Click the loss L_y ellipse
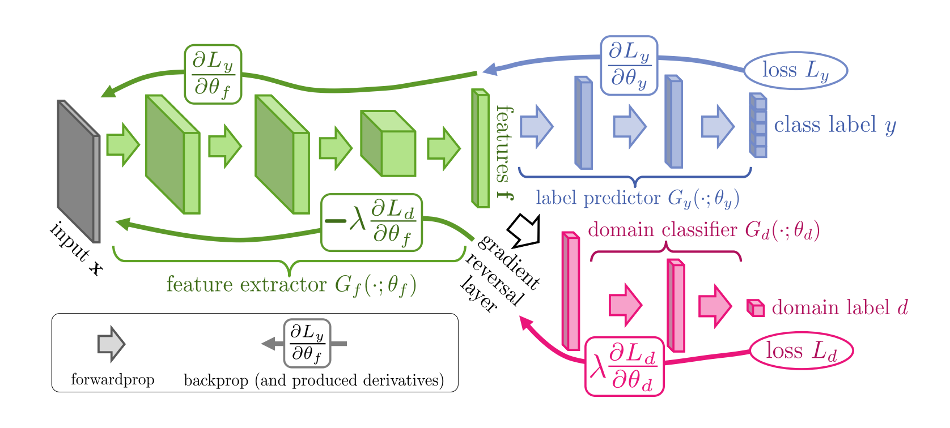click(x=795, y=71)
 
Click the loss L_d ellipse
click(x=801, y=351)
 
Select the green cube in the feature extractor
click(x=389, y=144)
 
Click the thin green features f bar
click(x=481, y=148)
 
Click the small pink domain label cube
click(x=756, y=308)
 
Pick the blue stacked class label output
click(x=758, y=125)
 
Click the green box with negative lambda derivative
click(x=372, y=222)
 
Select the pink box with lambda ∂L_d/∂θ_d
click(x=624, y=366)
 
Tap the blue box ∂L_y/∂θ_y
click(x=629, y=66)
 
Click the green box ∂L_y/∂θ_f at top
click(x=213, y=74)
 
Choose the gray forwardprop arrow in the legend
click(x=111, y=344)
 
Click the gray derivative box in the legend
click(x=307, y=343)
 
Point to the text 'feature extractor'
click(x=247, y=284)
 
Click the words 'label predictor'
click(x=598, y=198)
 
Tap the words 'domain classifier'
click(x=662, y=230)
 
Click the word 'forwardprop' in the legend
click(x=112, y=379)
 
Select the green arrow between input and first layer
click(x=123, y=144)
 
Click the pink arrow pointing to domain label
click(x=715, y=306)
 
